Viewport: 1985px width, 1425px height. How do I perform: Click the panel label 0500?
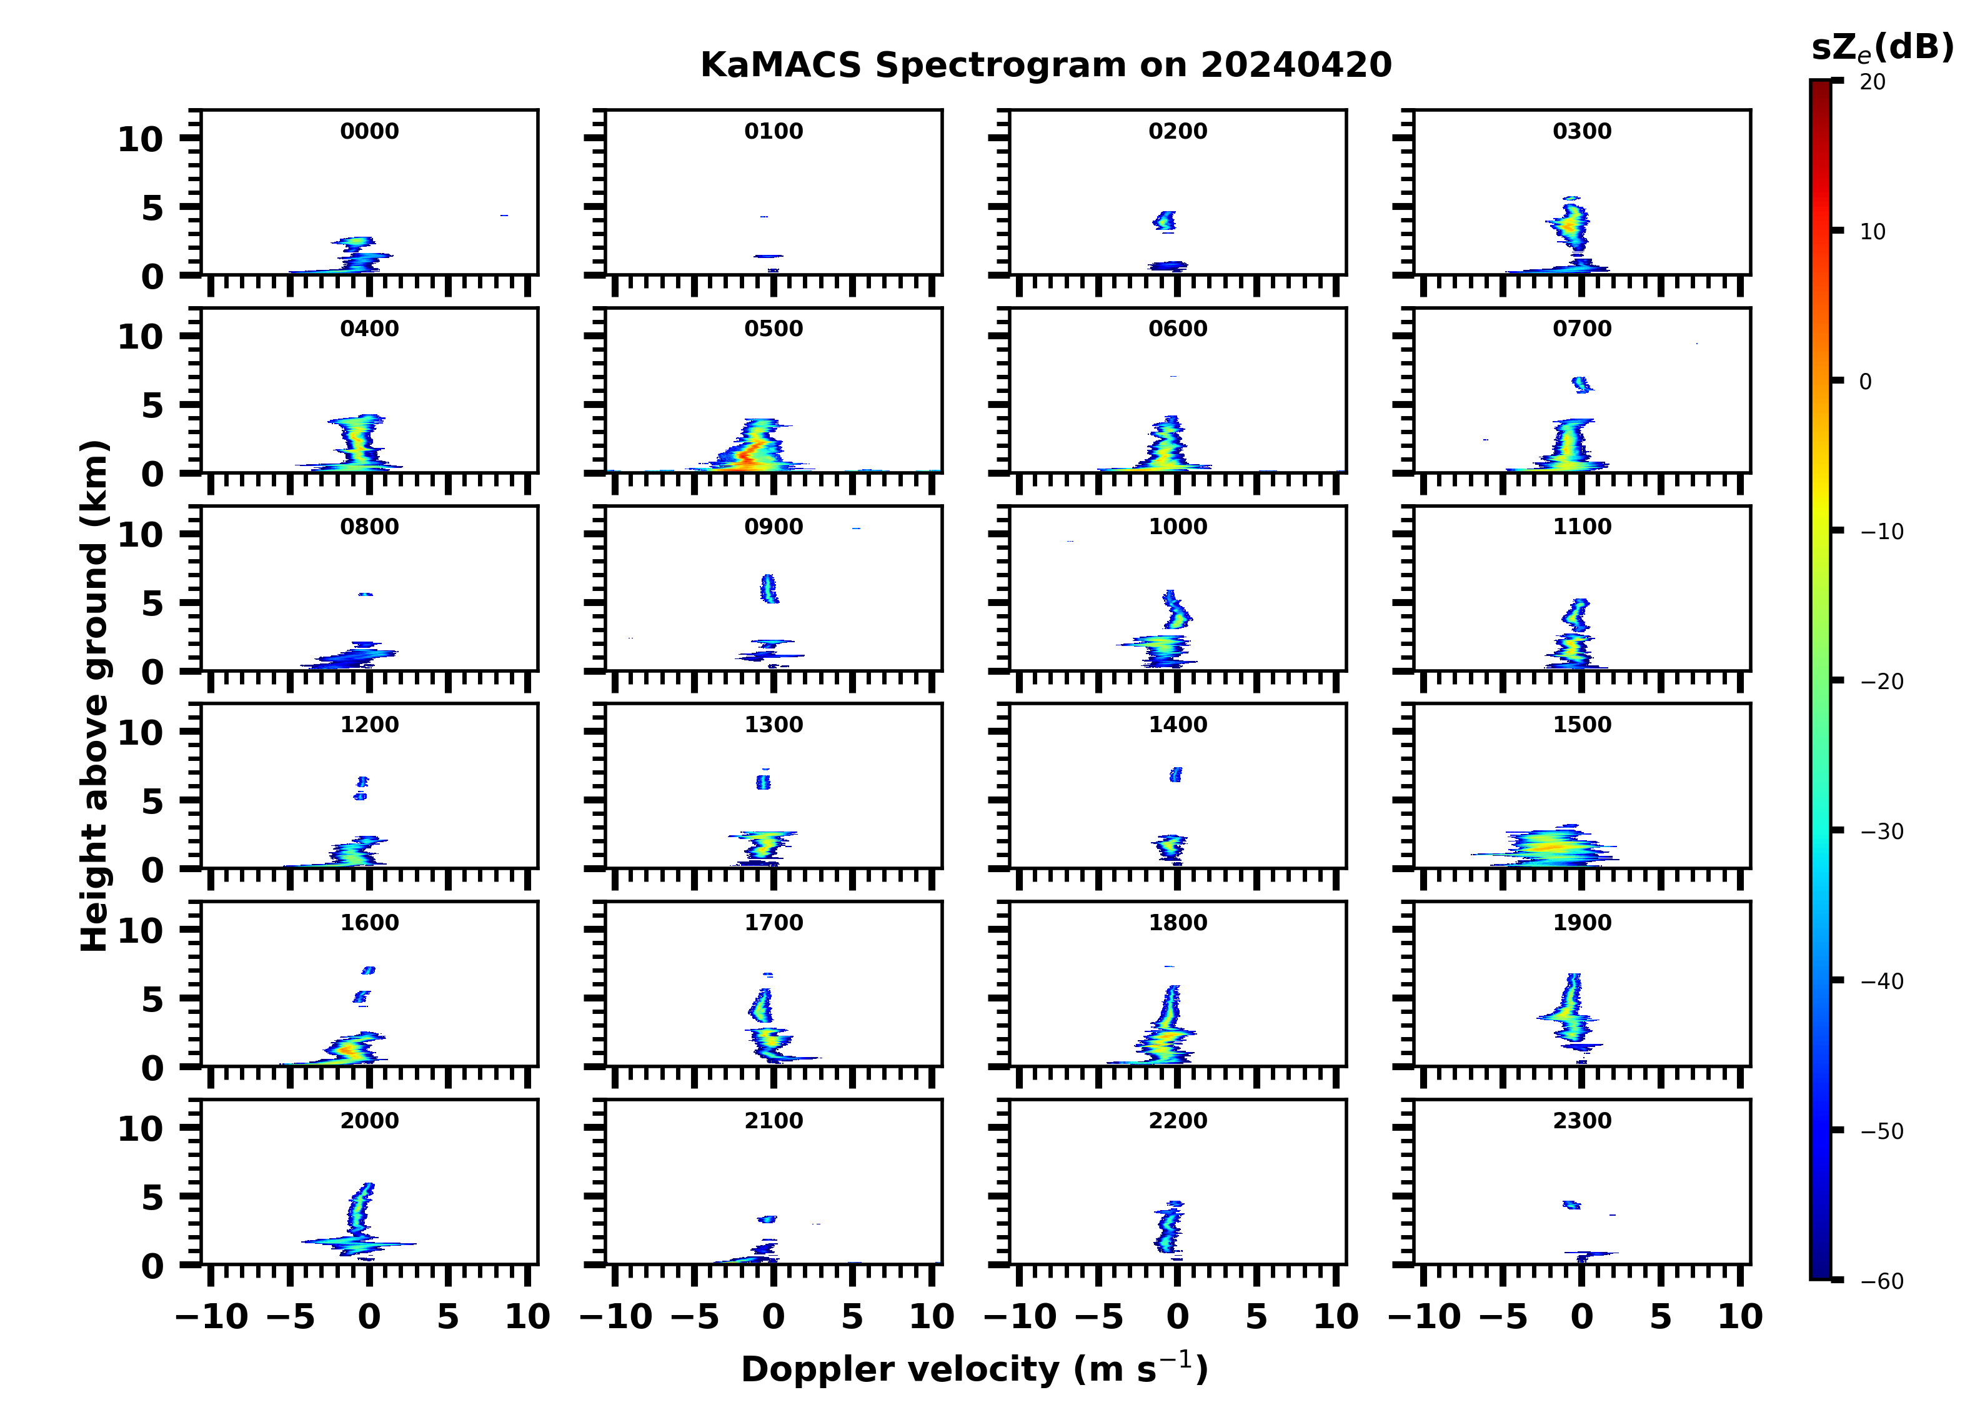tap(773, 329)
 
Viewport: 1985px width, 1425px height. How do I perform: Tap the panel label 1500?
tap(1581, 725)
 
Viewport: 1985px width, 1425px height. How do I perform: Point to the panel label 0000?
tap(369, 131)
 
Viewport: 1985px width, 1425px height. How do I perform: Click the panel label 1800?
tap(1177, 923)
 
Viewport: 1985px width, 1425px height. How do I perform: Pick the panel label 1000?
tap(1177, 527)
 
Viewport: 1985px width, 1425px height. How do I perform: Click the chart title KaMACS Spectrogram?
tap(1045, 66)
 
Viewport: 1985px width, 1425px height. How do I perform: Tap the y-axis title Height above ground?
tap(94, 696)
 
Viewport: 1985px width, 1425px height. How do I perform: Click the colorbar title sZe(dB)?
tap(1882, 48)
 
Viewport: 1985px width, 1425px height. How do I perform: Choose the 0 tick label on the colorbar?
tap(1865, 382)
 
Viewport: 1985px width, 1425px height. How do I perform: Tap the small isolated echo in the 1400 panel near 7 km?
tap(1175, 775)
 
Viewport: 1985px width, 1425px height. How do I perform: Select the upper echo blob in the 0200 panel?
tap(1165, 221)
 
